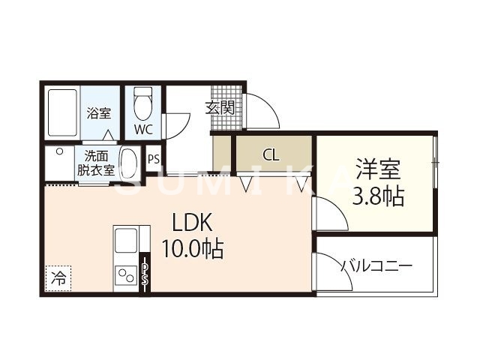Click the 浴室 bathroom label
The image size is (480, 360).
(x=99, y=113)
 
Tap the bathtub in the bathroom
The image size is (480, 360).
(x=61, y=113)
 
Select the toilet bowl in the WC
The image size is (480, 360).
(x=142, y=104)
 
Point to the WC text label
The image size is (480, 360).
(x=143, y=129)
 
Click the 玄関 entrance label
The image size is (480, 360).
(x=220, y=107)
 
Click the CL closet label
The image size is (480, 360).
(x=271, y=156)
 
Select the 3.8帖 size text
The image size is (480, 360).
(x=379, y=196)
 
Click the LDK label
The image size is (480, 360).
(x=194, y=223)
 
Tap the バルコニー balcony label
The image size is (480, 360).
(x=376, y=265)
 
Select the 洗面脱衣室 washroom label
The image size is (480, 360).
(x=95, y=163)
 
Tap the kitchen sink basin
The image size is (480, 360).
(x=126, y=241)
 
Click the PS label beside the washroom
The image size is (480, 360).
(x=154, y=159)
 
